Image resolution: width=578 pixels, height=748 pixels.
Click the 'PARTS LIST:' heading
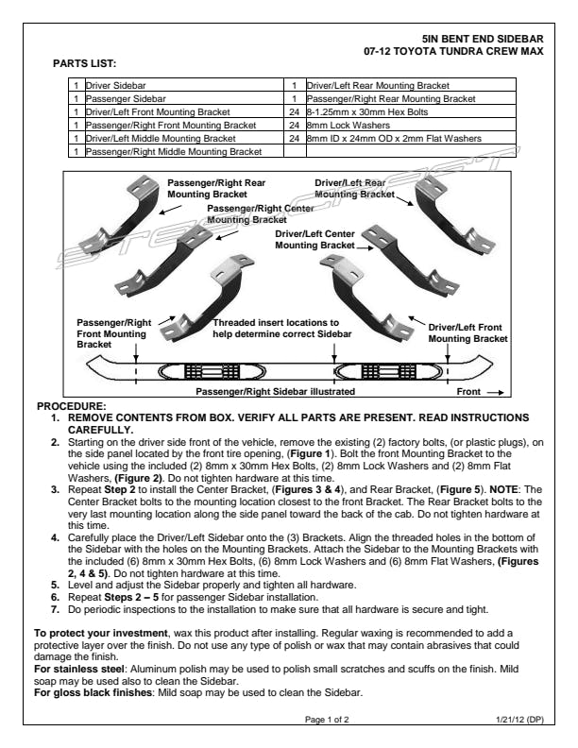pos(84,63)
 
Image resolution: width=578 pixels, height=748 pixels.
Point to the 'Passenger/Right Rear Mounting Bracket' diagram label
pos(216,187)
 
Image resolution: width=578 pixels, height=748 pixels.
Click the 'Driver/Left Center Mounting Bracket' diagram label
pos(314,239)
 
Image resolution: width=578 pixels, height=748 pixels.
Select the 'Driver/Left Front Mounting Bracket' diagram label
pos(467,332)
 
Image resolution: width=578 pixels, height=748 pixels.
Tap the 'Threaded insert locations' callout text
pos(281,328)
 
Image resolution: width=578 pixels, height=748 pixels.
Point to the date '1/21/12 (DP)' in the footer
pos(518,720)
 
